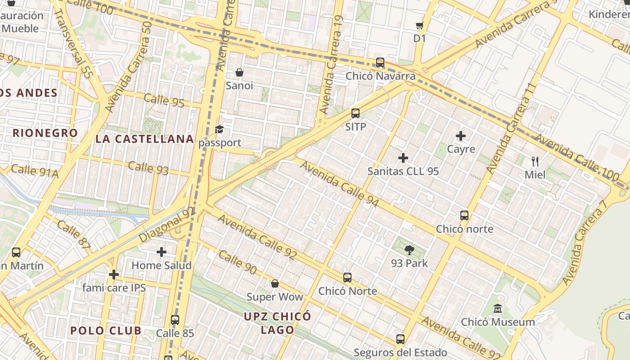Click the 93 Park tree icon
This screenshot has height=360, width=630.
coord(409,250)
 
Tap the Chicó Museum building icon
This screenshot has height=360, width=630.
coord(498,309)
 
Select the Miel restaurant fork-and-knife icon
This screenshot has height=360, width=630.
coord(535,162)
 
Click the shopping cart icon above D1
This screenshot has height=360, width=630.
coord(419,26)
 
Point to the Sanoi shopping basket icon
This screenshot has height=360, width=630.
coord(239,72)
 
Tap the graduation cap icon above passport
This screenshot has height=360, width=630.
coord(219,130)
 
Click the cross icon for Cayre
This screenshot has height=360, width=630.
coord(461,135)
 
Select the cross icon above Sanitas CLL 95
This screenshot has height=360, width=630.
coord(403,158)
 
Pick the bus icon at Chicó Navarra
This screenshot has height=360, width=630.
coord(380,63)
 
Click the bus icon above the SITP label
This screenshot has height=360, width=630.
coord(355,113)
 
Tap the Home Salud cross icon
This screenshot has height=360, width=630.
coord(161,252)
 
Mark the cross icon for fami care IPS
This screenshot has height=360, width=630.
coord(114,274)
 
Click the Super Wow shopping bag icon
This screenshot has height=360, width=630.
coord(274,283)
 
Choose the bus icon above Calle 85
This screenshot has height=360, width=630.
coord(175,320)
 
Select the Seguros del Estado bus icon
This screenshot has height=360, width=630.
coord(400,339)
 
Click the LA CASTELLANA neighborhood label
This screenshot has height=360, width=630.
coord(145,139)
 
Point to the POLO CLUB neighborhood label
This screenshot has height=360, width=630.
coord(106,331)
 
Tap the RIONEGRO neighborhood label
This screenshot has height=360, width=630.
coord(45,133)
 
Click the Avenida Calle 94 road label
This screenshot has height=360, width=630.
coord(340,184)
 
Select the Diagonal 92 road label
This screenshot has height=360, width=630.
coord(167,225)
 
